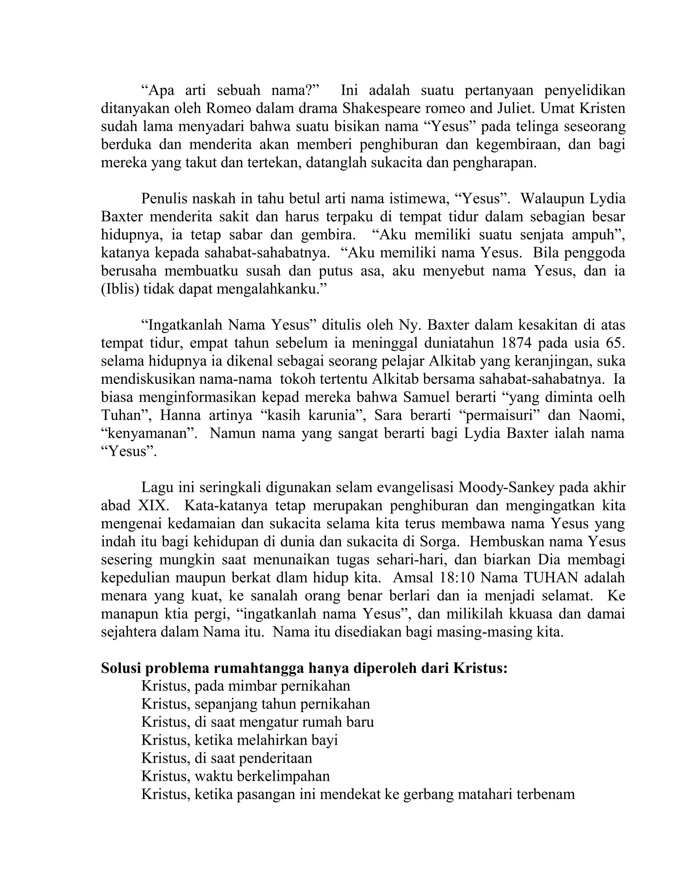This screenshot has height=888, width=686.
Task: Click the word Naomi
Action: coord(602,415)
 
